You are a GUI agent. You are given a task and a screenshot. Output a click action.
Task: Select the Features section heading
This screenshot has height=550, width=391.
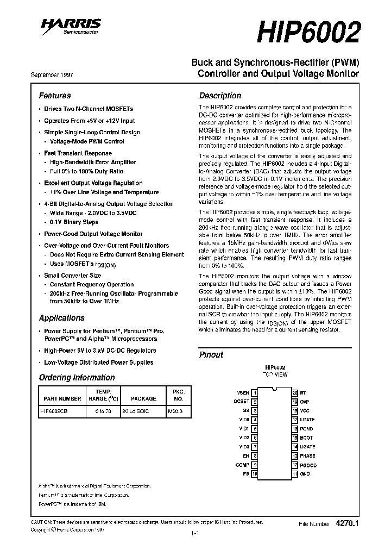click(54, 96)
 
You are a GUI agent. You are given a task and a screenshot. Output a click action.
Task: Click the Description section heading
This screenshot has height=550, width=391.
click(220, 96)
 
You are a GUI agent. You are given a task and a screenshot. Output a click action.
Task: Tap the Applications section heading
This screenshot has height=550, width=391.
click(61, 318)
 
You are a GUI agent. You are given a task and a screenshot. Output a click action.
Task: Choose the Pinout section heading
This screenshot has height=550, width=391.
click(211, 355)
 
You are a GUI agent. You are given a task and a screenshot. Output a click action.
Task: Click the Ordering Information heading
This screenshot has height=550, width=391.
click(77, 378)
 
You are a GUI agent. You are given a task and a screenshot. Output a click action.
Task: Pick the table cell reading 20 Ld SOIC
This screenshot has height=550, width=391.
click(136, 411)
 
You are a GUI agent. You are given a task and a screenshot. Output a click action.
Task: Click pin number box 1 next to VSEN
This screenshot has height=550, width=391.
click(255, 392)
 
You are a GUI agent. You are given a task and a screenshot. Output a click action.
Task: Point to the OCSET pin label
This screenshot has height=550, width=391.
click(242, 401)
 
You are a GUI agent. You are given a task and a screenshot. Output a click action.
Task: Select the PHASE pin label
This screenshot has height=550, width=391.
click(307, 456)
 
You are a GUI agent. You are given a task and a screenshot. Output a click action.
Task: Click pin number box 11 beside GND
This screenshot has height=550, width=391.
click(295, 474)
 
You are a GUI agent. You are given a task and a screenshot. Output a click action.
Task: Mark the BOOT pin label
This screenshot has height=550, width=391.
click(306, 437)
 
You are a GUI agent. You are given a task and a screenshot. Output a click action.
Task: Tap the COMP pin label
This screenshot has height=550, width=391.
click(242, 465)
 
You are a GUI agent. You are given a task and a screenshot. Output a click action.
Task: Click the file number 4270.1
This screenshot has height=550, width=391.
click(348, 523)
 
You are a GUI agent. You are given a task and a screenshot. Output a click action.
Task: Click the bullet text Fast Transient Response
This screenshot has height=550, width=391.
click(78, 153)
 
